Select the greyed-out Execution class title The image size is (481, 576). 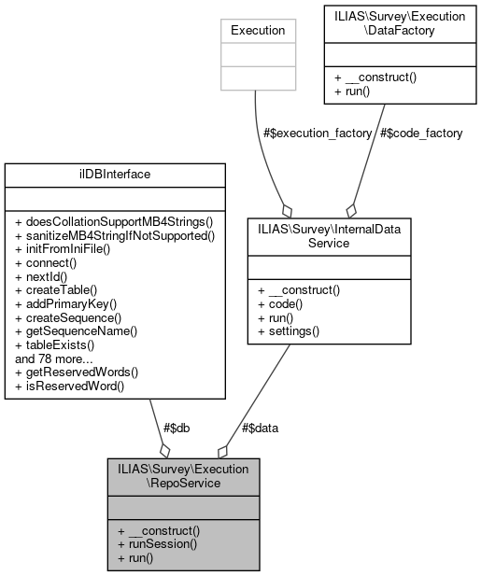tap(258, 30)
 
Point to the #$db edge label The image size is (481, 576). tap(177, 428)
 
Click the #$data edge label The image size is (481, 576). tap(260, 428)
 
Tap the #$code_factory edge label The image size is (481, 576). tap(421, 133)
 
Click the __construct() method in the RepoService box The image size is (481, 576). tap(159, 530)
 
